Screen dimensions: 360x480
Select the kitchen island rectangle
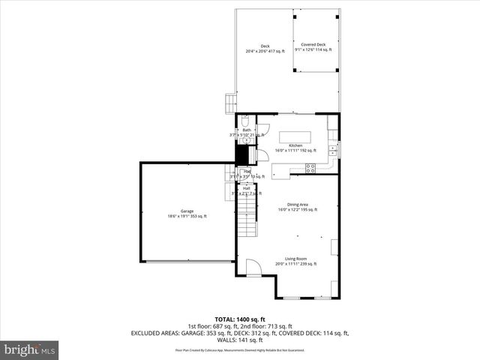pos(295,137)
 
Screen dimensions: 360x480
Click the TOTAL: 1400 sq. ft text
pos(240,319)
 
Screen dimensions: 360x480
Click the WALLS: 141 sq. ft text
pos(240,338)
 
